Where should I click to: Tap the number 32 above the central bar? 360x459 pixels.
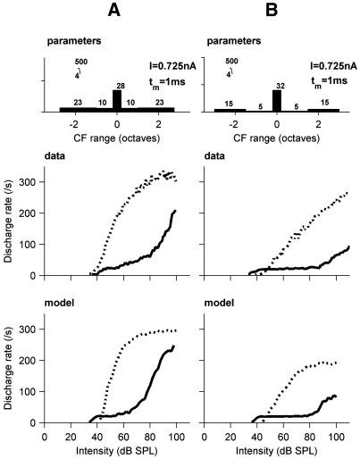click(x=277, y=83)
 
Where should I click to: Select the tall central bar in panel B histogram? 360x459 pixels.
click(x=277, y=99)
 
